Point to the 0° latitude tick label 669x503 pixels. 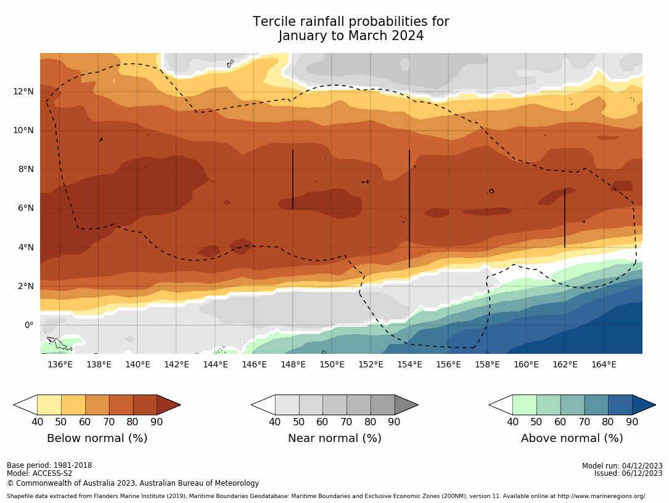tap(28, 325)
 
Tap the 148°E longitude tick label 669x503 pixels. tap(293, 364)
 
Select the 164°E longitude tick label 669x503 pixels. tap(604, 364)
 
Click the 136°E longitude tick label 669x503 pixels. tap(60, 364)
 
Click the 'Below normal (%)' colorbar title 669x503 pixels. tap(97, 438)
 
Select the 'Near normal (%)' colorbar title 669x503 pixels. tap(334, 438)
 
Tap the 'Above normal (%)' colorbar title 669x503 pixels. tap(572, 438)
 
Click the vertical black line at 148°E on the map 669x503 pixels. tap(293, 179)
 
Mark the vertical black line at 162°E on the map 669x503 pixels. tap(565, 219)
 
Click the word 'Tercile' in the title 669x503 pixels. tap(274, 22)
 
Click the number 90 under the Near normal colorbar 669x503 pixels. tap(394, 422)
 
